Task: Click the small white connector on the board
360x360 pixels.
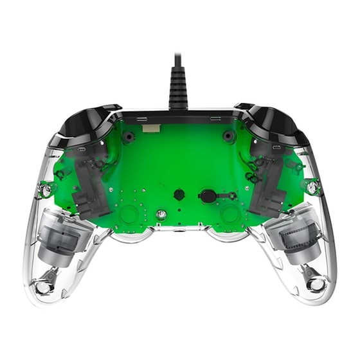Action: [x=152, y=129]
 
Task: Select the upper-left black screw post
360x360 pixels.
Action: [x=129, y=137]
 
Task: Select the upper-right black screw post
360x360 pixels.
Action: [x=228, y=136]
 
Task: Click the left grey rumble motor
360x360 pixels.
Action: [x=62, y=236]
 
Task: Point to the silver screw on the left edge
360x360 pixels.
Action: [x=46, y=189]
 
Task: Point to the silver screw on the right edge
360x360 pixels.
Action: [x=313, y=187]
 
